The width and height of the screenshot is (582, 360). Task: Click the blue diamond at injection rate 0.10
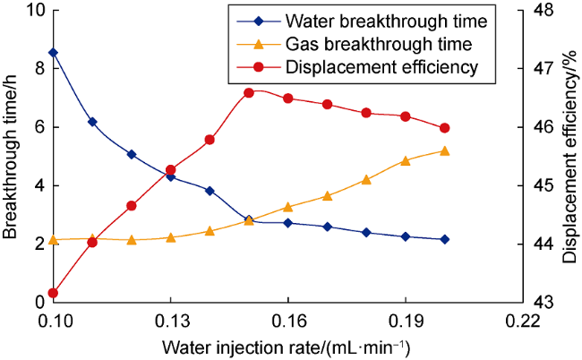53,53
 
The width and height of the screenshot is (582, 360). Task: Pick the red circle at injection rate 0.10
53,293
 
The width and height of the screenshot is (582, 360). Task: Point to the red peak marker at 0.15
249,92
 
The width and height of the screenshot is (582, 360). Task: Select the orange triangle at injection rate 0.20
445,150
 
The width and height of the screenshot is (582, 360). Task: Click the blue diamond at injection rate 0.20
445,240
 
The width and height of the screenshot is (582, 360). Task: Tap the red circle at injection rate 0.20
445,128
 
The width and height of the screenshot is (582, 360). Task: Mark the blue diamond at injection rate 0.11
92,122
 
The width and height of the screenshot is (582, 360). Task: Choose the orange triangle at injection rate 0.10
53,240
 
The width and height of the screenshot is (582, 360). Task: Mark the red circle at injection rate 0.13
170,170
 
